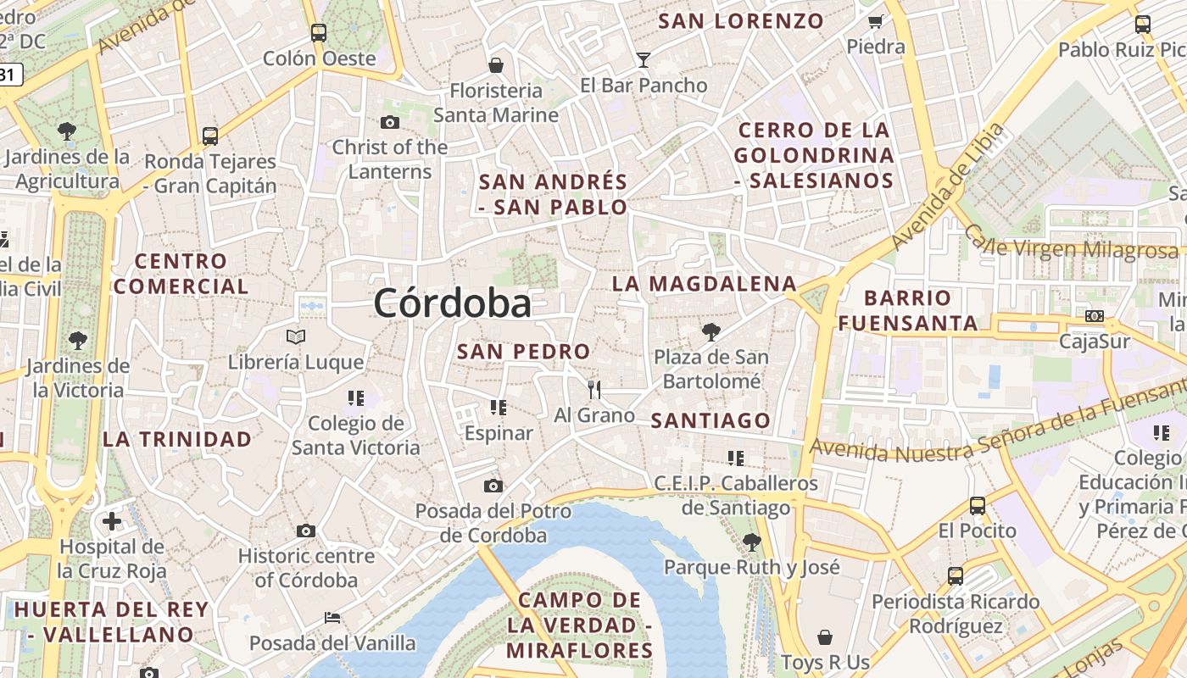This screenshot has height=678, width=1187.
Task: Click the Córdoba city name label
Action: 452,303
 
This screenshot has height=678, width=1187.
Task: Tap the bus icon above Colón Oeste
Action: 319,33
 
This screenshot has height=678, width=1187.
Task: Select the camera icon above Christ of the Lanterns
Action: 390,122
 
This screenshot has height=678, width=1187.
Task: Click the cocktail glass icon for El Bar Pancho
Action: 644,59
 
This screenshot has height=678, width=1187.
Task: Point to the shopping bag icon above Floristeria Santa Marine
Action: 496,64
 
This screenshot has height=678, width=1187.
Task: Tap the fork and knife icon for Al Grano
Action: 594,390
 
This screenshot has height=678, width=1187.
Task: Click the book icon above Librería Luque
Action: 296,337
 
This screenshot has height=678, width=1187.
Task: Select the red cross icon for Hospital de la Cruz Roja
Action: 112,521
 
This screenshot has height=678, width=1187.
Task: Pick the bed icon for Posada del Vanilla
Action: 332,618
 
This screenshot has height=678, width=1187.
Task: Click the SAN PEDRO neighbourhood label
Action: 523,351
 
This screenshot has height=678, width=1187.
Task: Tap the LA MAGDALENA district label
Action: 705,284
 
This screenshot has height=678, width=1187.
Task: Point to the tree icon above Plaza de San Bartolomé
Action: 711,331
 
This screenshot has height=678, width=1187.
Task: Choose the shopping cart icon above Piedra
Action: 876,21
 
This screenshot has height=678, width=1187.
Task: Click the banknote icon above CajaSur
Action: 1095,316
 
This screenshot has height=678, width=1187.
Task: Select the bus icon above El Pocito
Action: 978,506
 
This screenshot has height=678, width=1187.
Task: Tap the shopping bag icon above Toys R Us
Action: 825,636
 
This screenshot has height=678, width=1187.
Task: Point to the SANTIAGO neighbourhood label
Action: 711,420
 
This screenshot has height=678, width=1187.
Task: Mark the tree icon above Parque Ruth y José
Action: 751,542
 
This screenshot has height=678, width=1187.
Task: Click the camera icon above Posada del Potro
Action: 493,486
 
